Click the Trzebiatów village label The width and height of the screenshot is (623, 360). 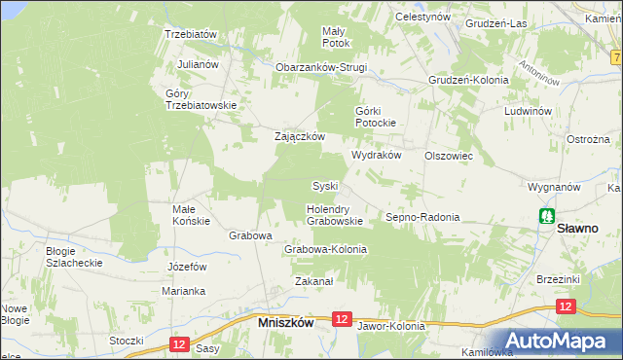190,33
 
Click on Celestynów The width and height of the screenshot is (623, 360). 422,18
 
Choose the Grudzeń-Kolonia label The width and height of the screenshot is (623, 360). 468,80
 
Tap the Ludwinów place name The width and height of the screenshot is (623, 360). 529,111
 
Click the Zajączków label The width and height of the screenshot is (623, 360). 299,137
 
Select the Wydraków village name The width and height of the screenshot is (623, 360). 376,156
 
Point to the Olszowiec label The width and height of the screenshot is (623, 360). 449,156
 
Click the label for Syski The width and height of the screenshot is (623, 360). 324,186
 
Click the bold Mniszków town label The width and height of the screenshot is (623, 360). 284,321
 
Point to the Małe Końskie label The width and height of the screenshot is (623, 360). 191,214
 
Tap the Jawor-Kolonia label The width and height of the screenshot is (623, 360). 391,326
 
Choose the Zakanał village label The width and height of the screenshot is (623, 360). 314,282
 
